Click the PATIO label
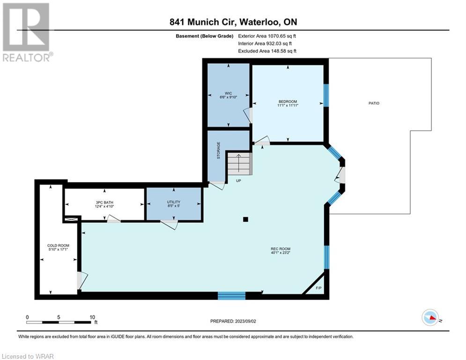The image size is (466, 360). pos(374,103)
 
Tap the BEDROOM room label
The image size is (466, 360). pos(288,101)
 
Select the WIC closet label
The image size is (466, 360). pos(228,93)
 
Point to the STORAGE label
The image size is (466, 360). pos(218,150)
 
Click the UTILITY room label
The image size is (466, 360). pos(174,202)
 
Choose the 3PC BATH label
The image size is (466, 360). pos(104,202)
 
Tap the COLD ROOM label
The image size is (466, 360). pos(58,246)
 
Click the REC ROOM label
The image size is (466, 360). pos(280,249)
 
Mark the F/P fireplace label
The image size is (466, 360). pos(318,288)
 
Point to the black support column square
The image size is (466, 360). pos(245,219)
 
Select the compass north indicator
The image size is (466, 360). pos(430,317)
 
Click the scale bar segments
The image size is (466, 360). pos(59,322)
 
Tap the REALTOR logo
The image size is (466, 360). pos(27,32)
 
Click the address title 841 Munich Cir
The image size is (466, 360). pos(202,22)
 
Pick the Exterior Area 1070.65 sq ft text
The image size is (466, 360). pos(267,36)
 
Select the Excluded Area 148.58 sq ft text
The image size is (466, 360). pos(267,51)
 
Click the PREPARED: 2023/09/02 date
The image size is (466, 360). pos(233,321)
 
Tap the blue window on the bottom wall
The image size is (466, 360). pos(231,295)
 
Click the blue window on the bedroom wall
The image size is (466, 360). pos(326,95)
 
